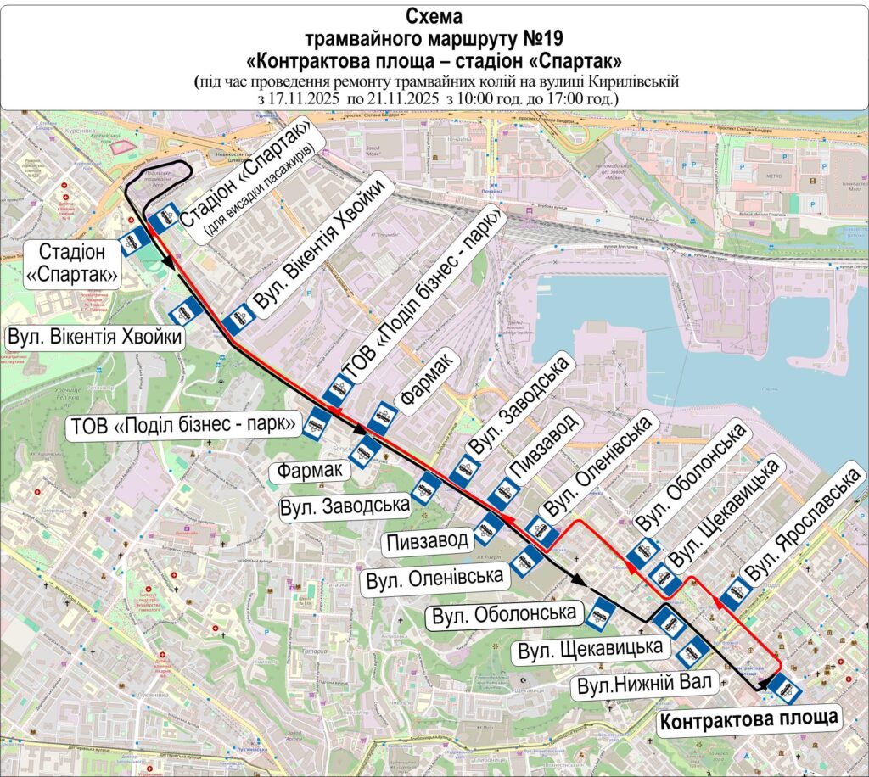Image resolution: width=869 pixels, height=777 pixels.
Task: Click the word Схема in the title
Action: pos(434,17)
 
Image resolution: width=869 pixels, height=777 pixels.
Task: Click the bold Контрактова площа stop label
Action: pos(749,721)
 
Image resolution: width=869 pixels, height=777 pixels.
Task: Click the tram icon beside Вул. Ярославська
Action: pos(737,592)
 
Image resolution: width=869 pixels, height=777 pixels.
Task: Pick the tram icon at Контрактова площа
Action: pos(786,688)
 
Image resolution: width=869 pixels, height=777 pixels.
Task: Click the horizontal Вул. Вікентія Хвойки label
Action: pos(95,338)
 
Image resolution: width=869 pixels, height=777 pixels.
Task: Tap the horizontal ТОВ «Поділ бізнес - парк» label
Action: pos(184,423)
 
